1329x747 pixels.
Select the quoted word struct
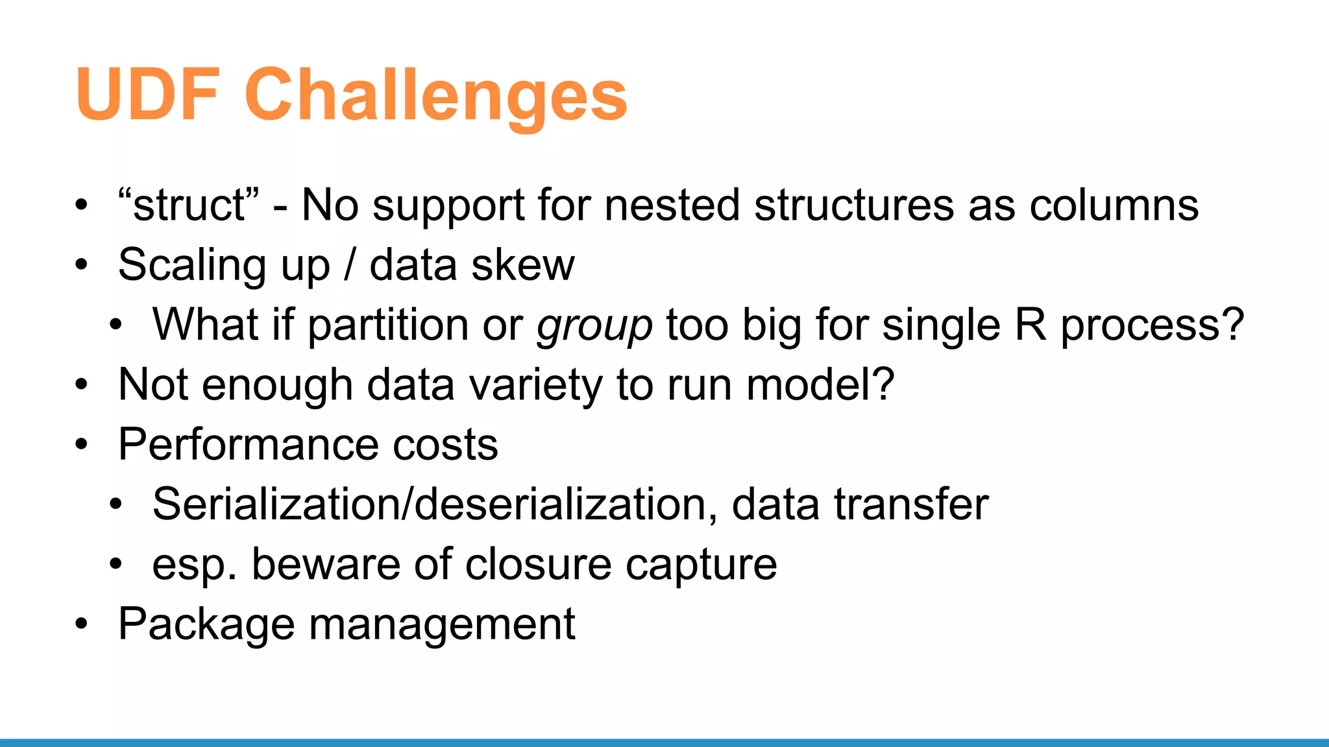[x=189, y=205]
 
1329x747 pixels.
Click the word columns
[x=1114, y=205]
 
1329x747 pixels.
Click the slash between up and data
[x=350, y=265]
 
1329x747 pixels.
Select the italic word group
[x=594, y=326]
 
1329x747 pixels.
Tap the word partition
[x=387, y=324]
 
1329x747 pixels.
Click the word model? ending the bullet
[x=820, y=384]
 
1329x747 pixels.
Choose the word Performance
[x=248, y=445]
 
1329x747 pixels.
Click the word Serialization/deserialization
[x=435, y=504]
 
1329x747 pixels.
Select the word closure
[x=538, y=564]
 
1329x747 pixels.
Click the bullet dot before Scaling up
[x=81, y=265]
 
